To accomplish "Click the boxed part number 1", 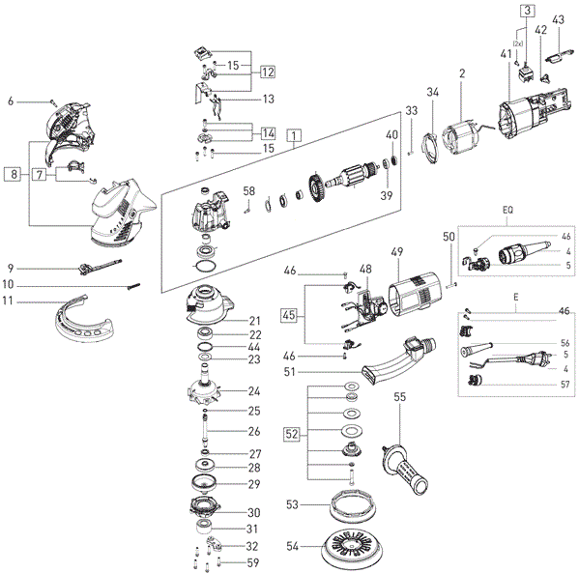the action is [294, 135].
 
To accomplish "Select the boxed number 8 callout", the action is [14, 174].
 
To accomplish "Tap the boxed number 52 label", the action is [292, 434].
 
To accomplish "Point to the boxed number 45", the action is [289, 315].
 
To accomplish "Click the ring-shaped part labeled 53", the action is [353, 505].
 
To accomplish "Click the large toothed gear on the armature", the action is [315, 188].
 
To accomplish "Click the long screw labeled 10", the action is [134, 286].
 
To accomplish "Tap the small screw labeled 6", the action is [53, 100].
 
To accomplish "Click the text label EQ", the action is [507, 210].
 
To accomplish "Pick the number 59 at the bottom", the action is [253, 563].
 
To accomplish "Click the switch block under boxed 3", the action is [526, 73].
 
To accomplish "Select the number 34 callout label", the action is [433, 92].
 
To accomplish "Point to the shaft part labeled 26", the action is [205, 428].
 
